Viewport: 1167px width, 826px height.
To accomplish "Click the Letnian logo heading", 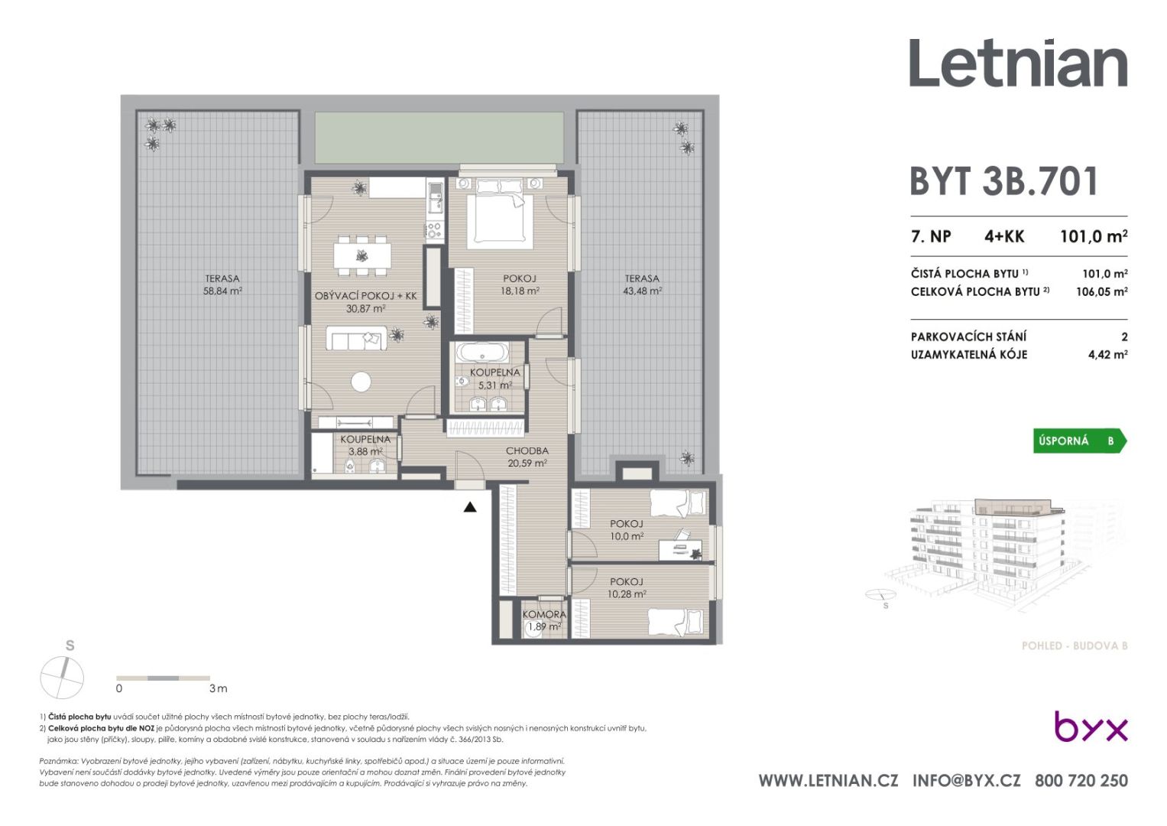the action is pos(1018,63).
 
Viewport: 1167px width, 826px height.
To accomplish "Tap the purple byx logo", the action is pos(1091,726).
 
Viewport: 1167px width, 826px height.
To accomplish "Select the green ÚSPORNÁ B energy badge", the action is pos(1079,441).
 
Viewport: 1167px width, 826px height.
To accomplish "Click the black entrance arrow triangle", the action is pos(470,507).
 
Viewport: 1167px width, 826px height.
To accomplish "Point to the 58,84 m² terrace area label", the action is pos(222,291).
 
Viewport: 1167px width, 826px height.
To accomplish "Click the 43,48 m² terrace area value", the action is pos(643,291).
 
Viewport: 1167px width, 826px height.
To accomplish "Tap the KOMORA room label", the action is pos(544,615).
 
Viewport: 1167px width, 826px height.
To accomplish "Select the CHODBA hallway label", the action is pos(527,450).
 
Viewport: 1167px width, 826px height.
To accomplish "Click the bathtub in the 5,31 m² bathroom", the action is pos(482,353).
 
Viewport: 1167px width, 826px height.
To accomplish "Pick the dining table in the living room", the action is pos(362,255).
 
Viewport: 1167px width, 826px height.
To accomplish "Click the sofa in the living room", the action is pos(357,338).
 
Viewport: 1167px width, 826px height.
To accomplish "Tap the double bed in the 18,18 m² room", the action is pos(499,215).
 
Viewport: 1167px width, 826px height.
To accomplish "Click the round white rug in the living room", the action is pos(361,382).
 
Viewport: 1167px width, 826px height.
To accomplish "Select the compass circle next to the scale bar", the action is pos(62,678).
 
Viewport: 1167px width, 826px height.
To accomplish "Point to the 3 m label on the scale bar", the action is pos(219,688).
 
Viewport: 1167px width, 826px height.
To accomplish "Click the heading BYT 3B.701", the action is pos(1004,181).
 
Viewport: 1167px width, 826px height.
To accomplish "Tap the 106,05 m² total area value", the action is pos(1102,291).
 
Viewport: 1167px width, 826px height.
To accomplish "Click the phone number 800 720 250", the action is pos(1081,781).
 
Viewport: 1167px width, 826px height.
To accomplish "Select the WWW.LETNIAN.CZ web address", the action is pos(828,781).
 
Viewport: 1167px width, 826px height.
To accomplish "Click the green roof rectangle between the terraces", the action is pos(439,138).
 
